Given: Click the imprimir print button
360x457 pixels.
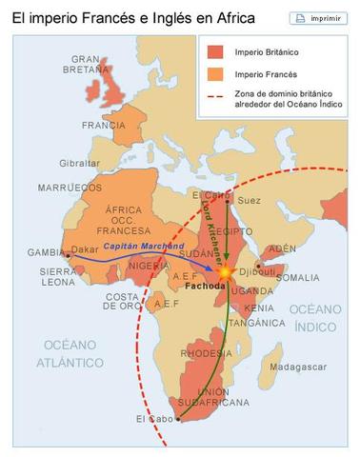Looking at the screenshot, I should click(x=322, y=17).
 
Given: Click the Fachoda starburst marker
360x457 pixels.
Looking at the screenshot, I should click(x=226, y=272).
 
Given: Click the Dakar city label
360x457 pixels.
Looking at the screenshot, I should click(x=88, y=252).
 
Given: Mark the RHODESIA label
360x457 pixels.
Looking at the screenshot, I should click(x=206, y=351).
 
